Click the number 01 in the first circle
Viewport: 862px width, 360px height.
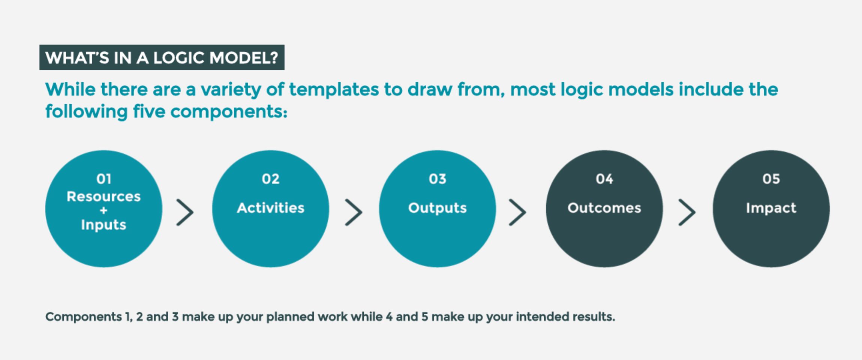click(x=104, y=179)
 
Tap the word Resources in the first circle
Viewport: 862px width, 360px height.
click(x=103, y=196)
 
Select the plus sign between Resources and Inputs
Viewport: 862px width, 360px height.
click(x=103, y=210)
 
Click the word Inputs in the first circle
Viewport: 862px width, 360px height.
click(x=103, y=225)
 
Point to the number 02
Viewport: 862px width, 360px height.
click(x=271, y=179)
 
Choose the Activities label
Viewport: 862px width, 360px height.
click(x=271, y=208)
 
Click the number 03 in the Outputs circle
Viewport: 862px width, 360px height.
click(x=438, y=179)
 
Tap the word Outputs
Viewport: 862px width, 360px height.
click(x=438, y=208)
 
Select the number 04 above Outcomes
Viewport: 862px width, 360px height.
click(x=604, y=179)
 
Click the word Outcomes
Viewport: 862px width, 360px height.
click(x=604, y=208)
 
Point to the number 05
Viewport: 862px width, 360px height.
click(x=771, y=179)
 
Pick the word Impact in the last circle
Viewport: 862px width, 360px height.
click(x=771, y=208)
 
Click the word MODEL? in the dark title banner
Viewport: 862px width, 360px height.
click(x=244, y=58)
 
